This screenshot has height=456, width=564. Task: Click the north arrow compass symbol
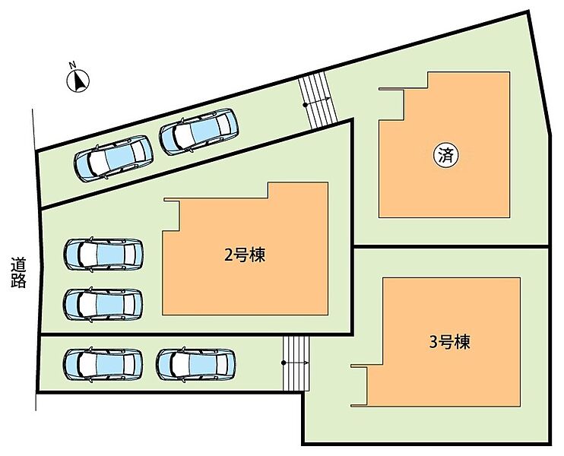(78, 81)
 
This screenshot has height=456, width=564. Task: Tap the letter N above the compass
(72, 65)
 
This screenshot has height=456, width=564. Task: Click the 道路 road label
(18, 273)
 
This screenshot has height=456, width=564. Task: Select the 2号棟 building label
(245, 255)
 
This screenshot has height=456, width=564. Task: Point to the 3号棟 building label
(450, 342)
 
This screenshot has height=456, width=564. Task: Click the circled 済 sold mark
(446, 156)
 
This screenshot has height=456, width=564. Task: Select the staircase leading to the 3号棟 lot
(296, 363)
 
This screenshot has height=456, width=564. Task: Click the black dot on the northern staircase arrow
(305, 105)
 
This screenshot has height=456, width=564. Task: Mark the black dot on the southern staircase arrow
(284, 363)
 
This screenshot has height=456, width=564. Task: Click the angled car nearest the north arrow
(114, 158)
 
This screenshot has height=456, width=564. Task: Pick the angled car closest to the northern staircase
(199, 131)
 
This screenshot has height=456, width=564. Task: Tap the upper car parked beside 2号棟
(103, 255)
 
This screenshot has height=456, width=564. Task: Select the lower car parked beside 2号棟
(103, 304)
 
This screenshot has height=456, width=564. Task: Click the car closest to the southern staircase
(196, 364)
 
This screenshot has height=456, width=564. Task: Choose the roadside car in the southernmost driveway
(103, 364)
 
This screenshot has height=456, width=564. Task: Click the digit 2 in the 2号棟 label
(229, 255)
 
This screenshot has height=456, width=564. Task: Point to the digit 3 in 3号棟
(433, 342)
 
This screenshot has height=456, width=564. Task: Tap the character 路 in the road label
(18, 281)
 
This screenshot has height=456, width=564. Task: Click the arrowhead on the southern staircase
(306, 363)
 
